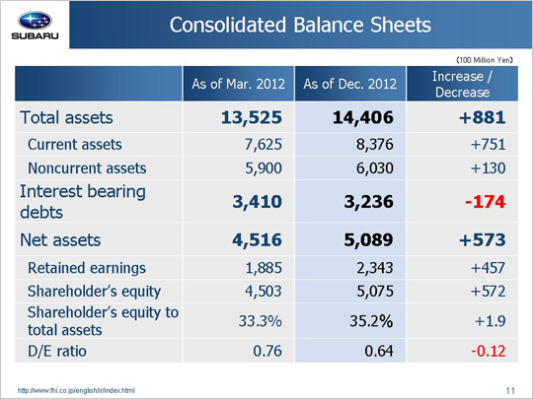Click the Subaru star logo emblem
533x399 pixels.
35,21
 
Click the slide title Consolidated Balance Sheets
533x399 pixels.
300,25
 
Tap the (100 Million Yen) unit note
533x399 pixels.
485,60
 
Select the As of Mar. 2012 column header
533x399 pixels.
238,84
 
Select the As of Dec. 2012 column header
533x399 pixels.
350,84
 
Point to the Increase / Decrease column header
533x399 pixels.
462,84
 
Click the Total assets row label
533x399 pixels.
66,118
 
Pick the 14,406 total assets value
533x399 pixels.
363,118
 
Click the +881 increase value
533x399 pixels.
482,118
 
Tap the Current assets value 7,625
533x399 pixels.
264,145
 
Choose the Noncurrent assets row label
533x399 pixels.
87,168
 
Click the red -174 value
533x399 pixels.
485,202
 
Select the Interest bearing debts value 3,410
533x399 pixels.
258,202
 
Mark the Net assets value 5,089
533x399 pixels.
368,239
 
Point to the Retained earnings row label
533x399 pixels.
87,268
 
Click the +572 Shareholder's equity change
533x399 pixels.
489,291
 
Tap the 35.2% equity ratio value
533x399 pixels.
371,321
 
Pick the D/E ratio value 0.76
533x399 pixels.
267,351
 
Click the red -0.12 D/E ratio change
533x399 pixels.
489,351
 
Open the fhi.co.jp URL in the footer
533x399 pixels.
76,390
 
